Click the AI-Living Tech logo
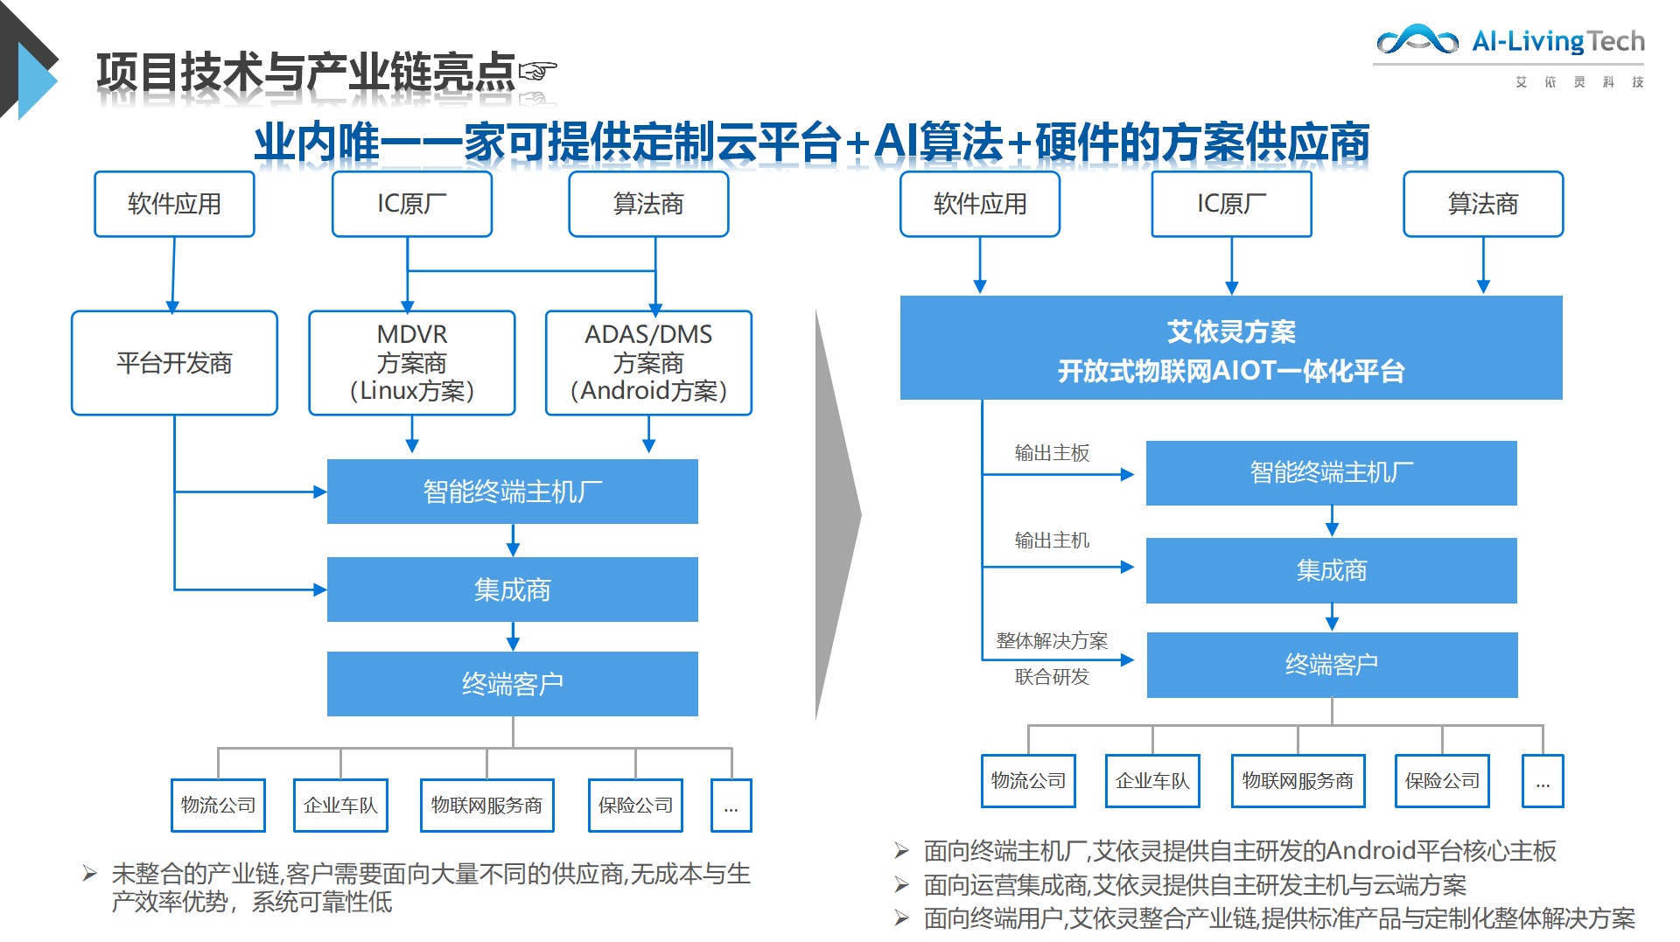click(x=1509, y=55)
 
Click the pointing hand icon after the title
click(x=537, y=70)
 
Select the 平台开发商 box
click(x=174, y=363)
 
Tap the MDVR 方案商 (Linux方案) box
click(x=412, y=363)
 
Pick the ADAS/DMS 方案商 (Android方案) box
click(x=648, y=363)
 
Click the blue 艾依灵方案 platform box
click(x=1231, y=347)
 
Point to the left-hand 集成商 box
click(x=513, y=590)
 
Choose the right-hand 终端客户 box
click(x=1332, y=665)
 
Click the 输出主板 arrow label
click(x=1052, y=453)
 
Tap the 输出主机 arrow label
click(x=1052, y=541)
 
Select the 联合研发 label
click(x=1052, y=677)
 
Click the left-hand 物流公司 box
click(x=219, y=806)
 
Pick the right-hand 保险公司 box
click(x=1442, y=781)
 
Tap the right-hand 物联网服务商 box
click(x=1298, y=781)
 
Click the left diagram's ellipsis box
click(x=731, y=806)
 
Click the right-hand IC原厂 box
click(x=1231, y=204)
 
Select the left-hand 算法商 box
click(x=648, y=204)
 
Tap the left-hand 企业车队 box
click(x=340, y=806)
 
